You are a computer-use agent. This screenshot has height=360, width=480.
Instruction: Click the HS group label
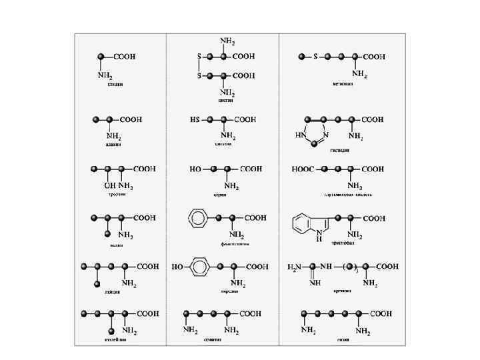[x=195, y=120]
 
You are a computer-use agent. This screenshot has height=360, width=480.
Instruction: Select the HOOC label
[x=301, y=169]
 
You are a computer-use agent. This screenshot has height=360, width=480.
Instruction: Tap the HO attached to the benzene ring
[x=179, y=267]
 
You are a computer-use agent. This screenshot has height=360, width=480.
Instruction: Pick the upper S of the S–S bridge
[x=199, y=57]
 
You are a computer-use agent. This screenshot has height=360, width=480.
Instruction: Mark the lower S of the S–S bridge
[x=199, y=75]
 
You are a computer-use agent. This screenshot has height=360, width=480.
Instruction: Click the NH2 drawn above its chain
[x=227, y=42]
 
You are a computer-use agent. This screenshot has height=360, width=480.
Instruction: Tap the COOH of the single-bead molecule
[x=123, y=57]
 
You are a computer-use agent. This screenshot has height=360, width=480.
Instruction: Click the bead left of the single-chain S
[x=301, y=57]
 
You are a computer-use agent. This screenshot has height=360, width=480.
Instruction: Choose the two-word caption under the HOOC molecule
[x=348, y=195]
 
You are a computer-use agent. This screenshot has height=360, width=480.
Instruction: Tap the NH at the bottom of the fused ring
[x=319, y=234]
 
